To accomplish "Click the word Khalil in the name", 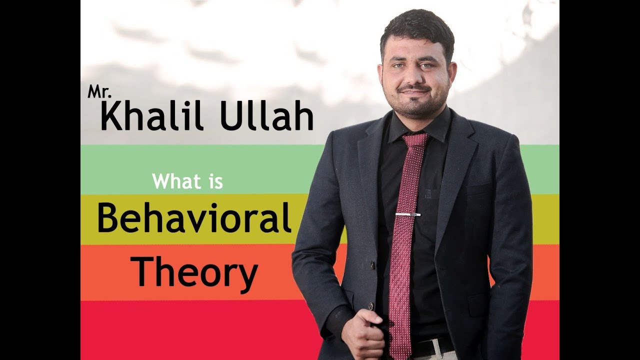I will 149,116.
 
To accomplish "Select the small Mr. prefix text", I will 96,92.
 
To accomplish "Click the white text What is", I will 187,181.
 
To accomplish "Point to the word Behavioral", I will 194,218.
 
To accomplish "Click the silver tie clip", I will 408,214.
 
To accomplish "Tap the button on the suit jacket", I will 371,305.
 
